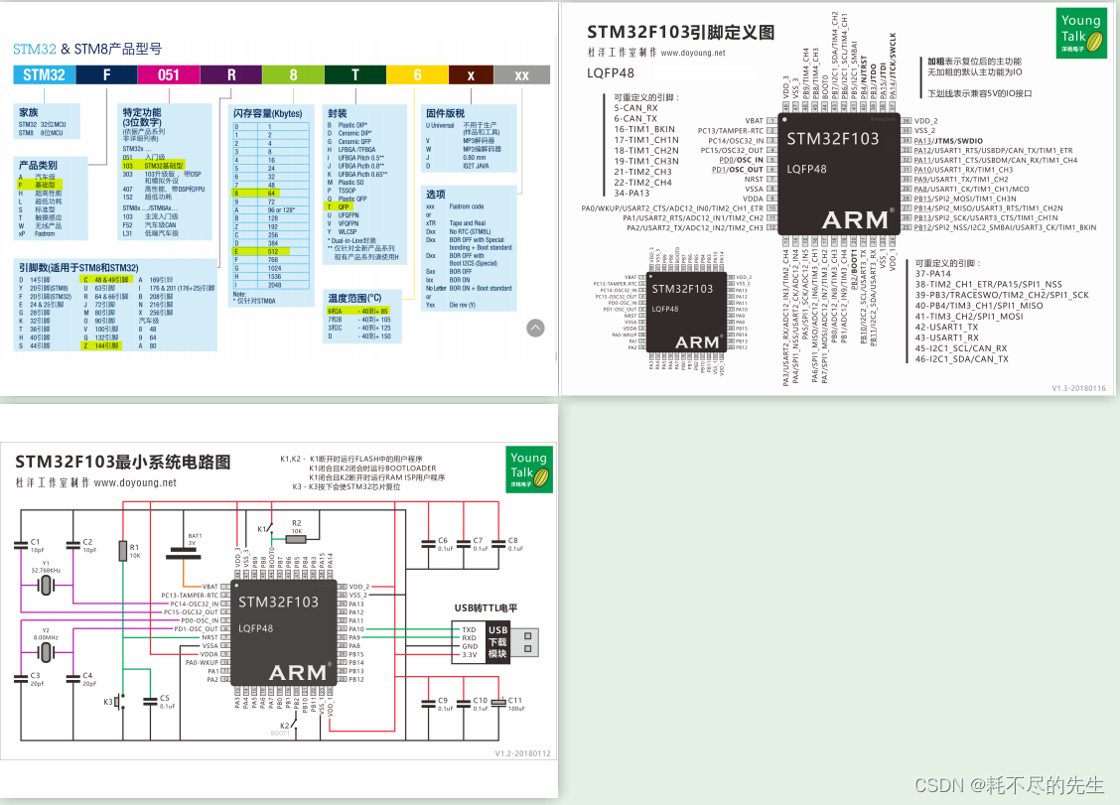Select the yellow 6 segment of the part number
(x=417, y=73)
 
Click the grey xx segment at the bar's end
(x=520, y=73)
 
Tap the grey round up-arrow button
(x=535, y=327)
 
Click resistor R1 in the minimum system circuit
(x=123, y=551)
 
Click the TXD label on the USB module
(x=470, y=629)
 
